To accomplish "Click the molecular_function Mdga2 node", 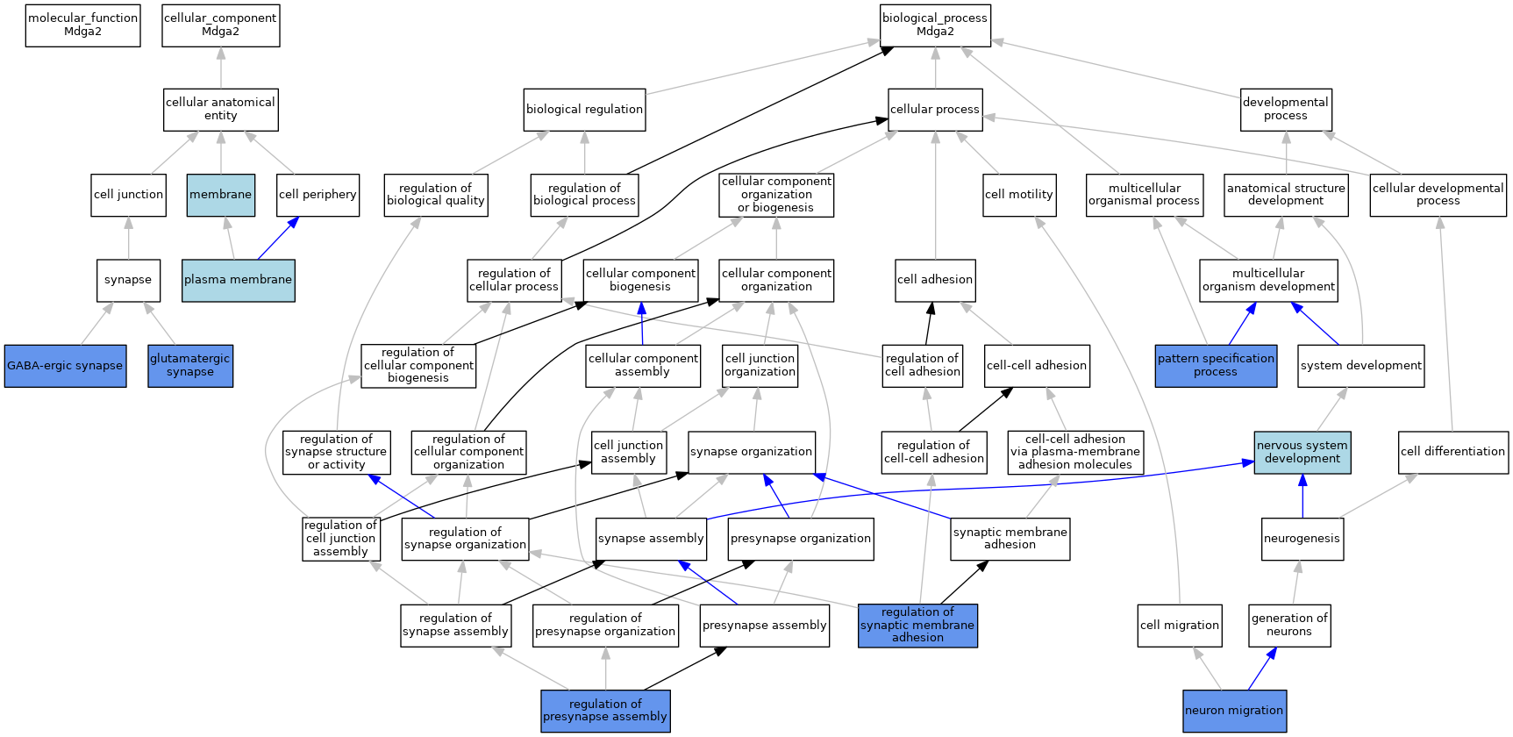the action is [x=83, y=25].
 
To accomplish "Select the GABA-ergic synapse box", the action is [x=65, y=366].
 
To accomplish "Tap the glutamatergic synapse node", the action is [x=190, y=366].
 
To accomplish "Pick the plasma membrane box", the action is [x=239, y=280].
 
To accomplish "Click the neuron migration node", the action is [x=1234, y=711].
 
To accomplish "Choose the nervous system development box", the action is [x=1302, y=452].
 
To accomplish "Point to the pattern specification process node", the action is [x=1216, y=366].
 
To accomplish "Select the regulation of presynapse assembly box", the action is [x=605, y=711].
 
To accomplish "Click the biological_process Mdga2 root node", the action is [x=935, y=25].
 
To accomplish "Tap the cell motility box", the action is [x=1019, y=195].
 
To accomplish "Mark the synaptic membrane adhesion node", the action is [x=1010, y=539].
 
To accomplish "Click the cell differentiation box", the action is [x=1453, y=452].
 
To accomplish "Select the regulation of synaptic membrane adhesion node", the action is [x=917, y=626].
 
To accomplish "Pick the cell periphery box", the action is [x=318, y=195].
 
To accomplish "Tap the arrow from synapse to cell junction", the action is [x=129, y=238].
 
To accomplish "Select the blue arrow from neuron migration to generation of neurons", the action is [x=1262, y=669].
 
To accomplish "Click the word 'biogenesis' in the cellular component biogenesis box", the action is [x=640, y=287].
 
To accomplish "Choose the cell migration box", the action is [x=1180, y=626].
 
